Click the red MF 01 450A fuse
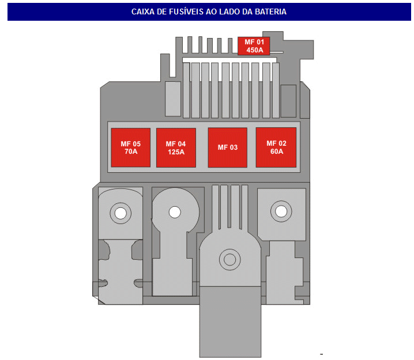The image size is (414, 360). (254, 46)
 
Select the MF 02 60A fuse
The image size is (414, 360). (276, 147)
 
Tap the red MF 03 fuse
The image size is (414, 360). (227, 147)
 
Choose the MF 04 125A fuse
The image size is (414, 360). (176, 147)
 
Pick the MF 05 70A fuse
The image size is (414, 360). (130, 147)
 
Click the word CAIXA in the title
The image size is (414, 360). (142, 12)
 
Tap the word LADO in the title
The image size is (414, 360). (231, 12)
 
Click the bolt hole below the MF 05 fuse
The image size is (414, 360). (121, 214)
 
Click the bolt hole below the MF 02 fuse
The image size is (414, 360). (281, 211)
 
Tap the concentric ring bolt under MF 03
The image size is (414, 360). (230, 260)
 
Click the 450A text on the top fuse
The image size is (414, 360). (254, 50)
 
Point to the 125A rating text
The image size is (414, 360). (176, 152)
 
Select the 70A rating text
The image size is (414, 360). (131, 152)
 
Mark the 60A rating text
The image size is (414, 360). (276, 152)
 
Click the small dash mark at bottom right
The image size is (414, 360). (322, 353)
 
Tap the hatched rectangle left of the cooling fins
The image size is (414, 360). (173, 98)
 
